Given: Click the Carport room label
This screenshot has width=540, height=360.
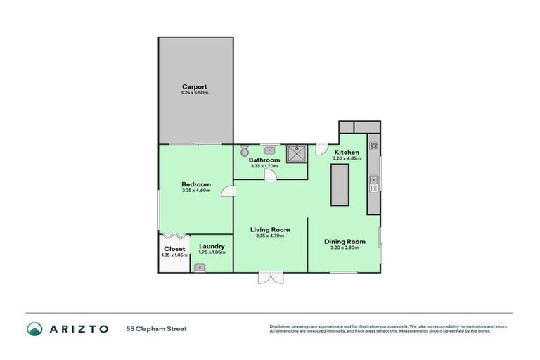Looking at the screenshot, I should click(195, 87).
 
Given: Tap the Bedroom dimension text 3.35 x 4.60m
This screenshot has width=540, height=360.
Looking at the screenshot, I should click(195, 191).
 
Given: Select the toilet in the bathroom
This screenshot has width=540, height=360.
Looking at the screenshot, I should click(244, 150).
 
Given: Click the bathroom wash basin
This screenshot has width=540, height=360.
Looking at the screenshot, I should click(269, 149).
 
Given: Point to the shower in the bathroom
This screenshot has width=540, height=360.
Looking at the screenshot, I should click(297, 153).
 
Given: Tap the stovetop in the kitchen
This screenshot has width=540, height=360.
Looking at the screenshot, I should click(374, 146).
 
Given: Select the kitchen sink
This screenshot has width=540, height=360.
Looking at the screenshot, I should click(374, 184).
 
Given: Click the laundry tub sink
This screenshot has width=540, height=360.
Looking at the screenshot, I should click(200, 267).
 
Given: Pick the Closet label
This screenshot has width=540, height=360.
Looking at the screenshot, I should click(174, 249).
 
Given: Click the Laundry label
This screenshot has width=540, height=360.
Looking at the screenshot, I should click(212, 246).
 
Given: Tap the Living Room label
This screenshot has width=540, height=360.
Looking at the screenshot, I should click(270, 230).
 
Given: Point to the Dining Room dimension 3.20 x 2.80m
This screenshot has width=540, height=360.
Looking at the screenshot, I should click(345, 248).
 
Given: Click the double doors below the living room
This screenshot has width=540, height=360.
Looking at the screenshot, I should click(269, 277).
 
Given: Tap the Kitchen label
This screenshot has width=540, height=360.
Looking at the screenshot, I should click(347, 153).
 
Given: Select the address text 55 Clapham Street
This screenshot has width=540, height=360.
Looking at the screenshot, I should click(156, 328).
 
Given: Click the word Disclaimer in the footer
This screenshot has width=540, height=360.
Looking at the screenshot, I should click(281, 326).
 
